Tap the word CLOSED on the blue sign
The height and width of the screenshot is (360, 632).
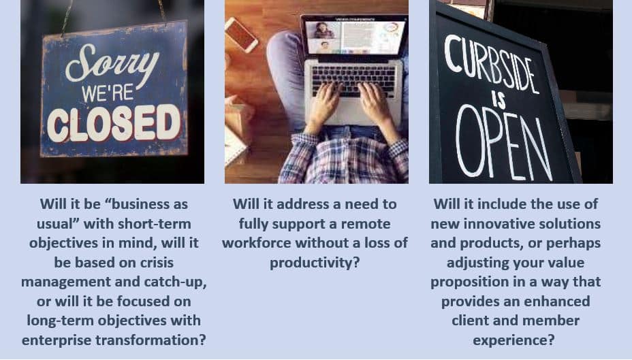(x=114, y=124)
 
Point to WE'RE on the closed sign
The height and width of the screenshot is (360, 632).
(x=108, y=93)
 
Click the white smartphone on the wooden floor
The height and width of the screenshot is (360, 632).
(x=241, y=35)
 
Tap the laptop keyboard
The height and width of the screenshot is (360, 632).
(x=353, y=81)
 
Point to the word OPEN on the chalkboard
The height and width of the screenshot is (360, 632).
(x=503, y=144)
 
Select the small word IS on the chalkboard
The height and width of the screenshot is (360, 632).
(x=499, y=100)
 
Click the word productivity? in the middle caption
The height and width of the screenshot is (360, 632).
(x=315, y=263)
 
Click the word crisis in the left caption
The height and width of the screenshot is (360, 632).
(x=157, y=263)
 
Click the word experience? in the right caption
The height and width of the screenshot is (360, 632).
(x=513, y=340)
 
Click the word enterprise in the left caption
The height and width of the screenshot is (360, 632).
(x=57, y=340)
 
